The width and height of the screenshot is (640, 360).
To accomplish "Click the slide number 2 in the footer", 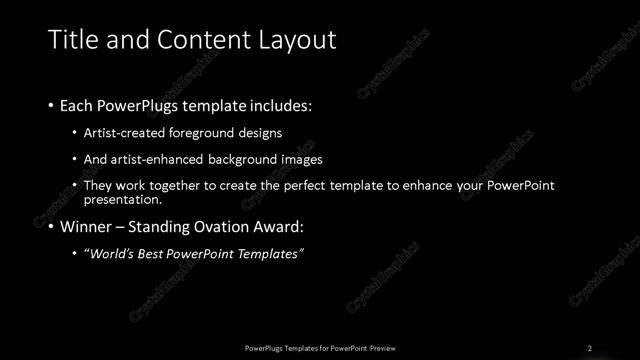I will (x=590, y=348).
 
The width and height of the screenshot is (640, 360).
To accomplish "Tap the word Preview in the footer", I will (x=389, y=348).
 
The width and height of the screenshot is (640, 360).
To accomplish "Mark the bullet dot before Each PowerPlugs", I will (x=52, y=105).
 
